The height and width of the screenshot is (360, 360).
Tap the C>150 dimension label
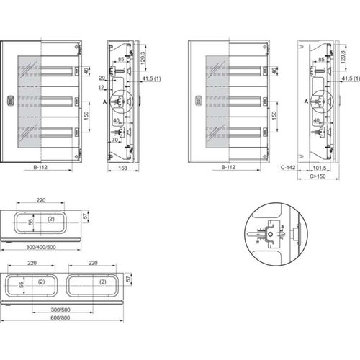pyautogui.click(x=317, y=175)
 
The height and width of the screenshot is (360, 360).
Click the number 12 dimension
pyautogui.click(x=102, y=87)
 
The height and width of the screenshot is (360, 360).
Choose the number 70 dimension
pyautogui.click(x=115, y=142)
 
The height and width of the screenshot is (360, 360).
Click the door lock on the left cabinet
pyautogui.click(x=11, y=101)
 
